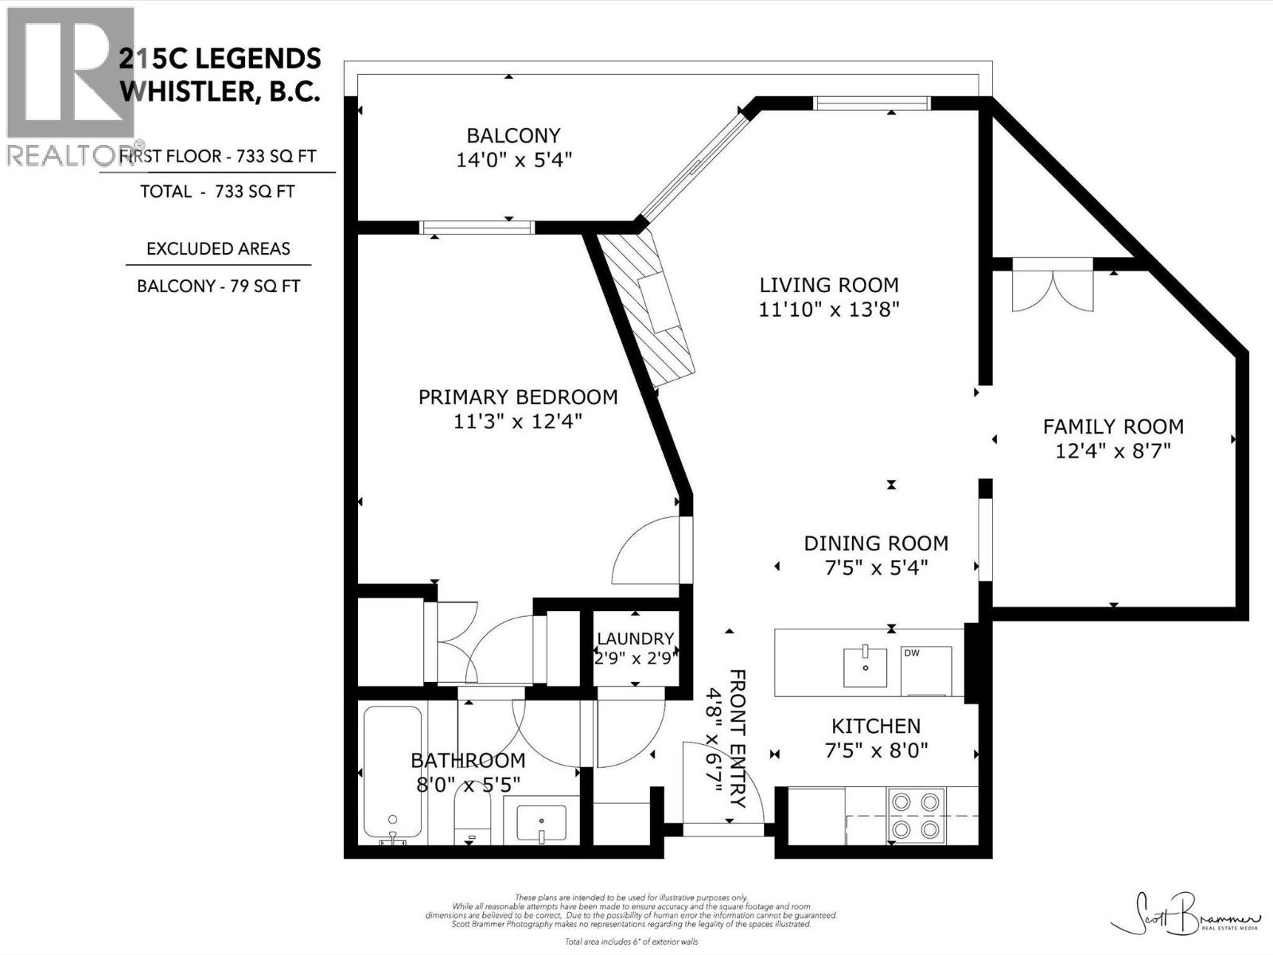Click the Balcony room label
tap(513, 135)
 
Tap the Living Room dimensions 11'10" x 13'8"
tap(828, 310)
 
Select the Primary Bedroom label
tap(517, 396)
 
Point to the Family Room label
tap(1112, 427)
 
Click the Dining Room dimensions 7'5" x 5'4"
tap(875, 568)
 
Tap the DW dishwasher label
tap(912, 653)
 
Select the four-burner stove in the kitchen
tap(916, 816)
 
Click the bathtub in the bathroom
tap(392, 772)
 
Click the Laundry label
tap(635, 638)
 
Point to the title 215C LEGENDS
tap(220, 58)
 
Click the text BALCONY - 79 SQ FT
tap(218, 286)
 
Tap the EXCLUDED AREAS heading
tap(218, 248)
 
